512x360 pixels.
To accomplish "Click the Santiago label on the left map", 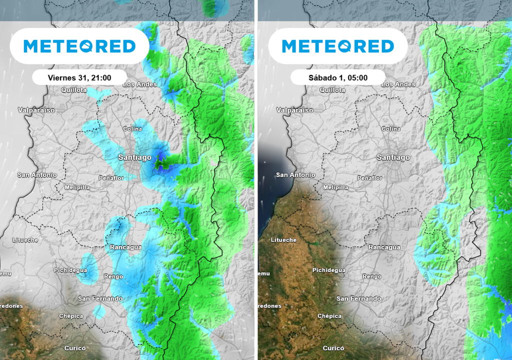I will (134, 157).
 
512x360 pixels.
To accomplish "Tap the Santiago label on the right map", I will (393, 157).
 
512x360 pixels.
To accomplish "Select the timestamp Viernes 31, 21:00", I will (79, 77).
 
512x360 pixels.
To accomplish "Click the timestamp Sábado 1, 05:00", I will (338, 77).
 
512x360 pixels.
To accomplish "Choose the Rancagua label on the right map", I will (384, 247).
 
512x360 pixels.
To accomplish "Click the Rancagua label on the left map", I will (126, 247).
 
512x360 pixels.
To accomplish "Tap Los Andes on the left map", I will (139, 84).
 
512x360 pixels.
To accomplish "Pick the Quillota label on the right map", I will (332, 90).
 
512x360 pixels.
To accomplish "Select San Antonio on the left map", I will (37, 175).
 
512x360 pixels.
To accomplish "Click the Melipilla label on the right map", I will (335, 187).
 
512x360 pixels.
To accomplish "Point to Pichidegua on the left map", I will (70, 270).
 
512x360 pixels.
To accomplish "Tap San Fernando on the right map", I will (358, 298).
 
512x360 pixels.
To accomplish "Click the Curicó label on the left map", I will (75, 348).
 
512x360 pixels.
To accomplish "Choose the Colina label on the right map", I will (391, 129).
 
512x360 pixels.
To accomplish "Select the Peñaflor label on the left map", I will (111, 178).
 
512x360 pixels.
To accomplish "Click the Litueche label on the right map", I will (283, 240).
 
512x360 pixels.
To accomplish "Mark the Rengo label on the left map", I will (113, 276).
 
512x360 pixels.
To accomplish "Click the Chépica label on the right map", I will (329, 316).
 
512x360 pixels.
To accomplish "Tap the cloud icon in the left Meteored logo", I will (83, 46).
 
